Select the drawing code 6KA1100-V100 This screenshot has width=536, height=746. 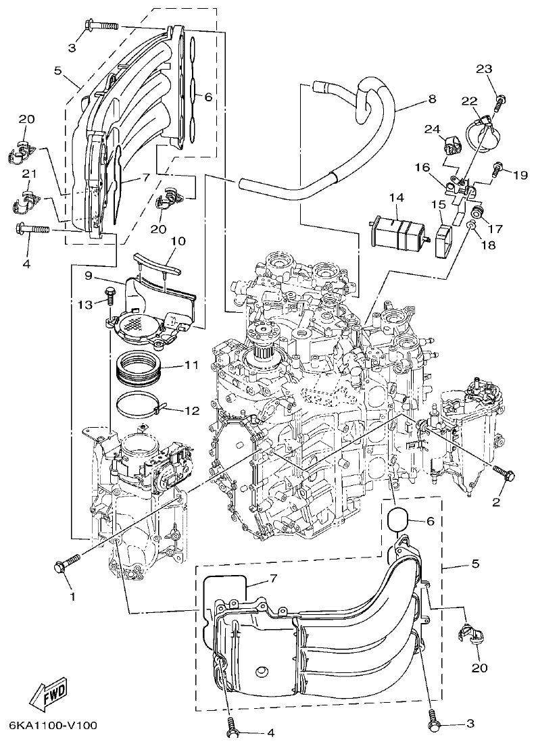pos(53,726)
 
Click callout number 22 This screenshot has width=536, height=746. pos(469,101)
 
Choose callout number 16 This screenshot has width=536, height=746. pos(421,166)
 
